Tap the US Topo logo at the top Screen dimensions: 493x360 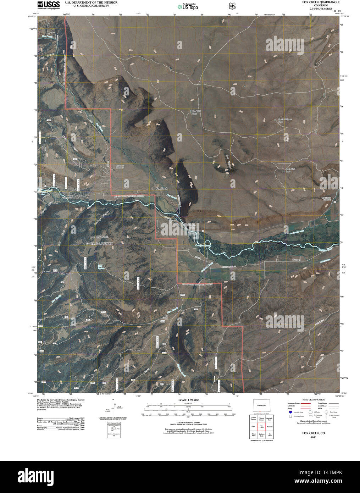tap(188, 6)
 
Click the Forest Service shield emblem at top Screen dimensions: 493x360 tap(232, 6)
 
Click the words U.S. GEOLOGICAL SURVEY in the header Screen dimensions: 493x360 tap(86, 6)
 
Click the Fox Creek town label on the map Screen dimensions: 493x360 tap(161, 188)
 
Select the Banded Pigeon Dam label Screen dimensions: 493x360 tap(285, 120)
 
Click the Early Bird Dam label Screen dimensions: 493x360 tap(290, 170)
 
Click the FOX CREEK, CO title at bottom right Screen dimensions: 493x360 tap(313, 433)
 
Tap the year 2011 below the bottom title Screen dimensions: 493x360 tap(313, 437)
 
